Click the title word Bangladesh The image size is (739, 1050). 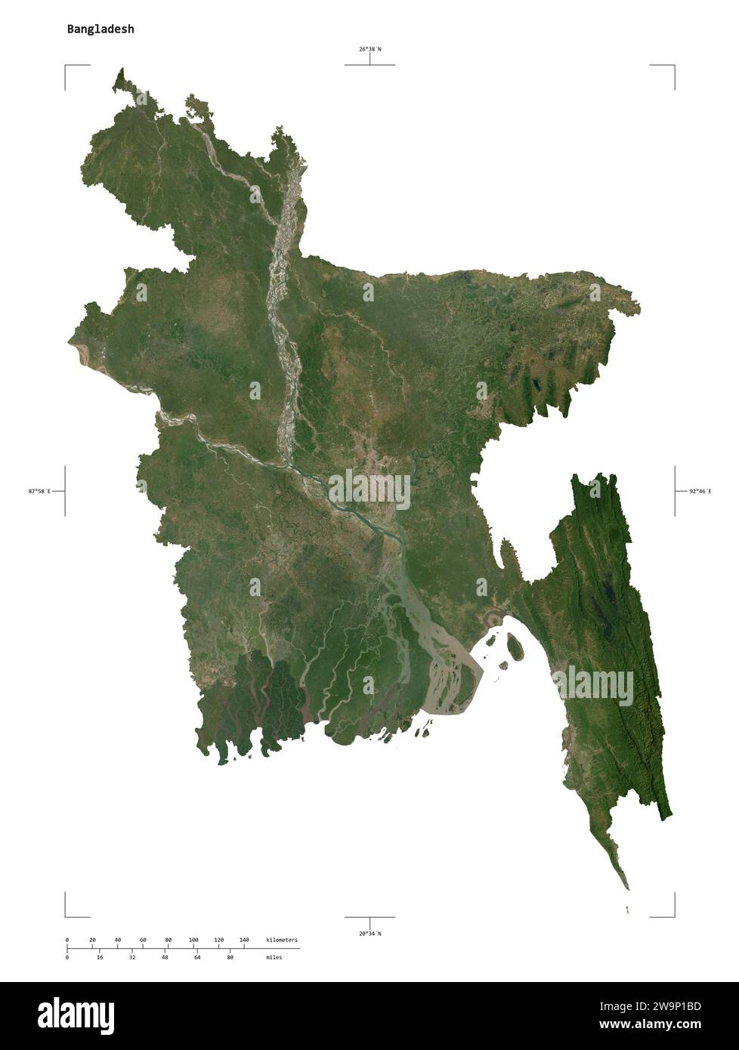coord(100,29)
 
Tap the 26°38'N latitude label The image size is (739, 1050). coord(369,49)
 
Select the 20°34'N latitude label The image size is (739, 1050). coord(369,934)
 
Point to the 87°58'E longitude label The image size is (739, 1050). coord(39,491)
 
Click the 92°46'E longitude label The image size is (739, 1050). coord(700,491)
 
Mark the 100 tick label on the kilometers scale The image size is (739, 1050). coord(193,940)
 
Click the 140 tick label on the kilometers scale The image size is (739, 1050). coord(244,940)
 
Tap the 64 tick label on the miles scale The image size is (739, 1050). coord(197,957)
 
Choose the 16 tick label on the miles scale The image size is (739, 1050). coord(100,957)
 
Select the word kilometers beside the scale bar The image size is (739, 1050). coord(282,940)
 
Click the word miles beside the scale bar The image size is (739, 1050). coord(274,957)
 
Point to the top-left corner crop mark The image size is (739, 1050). coord(66,67)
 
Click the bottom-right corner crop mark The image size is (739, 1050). coord(673,915)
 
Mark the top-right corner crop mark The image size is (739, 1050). coord(673,67)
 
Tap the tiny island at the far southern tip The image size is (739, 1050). coord(627,911)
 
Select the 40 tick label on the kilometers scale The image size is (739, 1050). coord(117,940)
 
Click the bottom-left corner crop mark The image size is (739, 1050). coord(66,915)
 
